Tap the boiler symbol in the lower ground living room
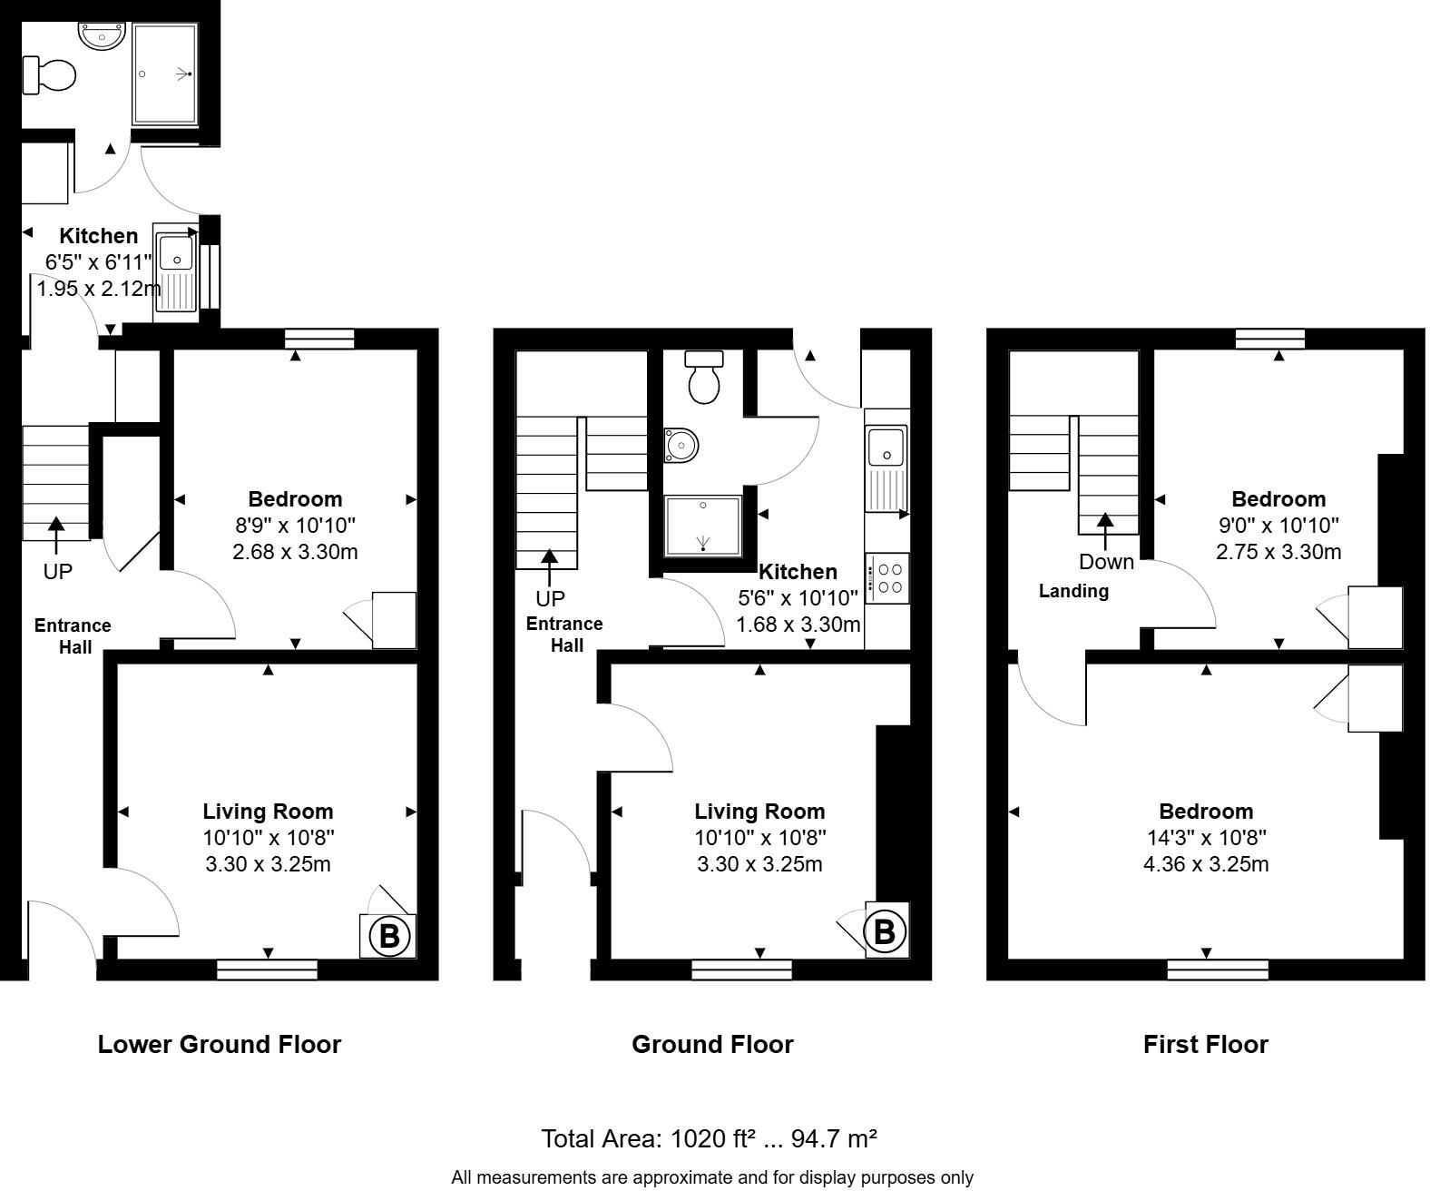pos(388,935)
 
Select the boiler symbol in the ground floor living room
pos(885,930)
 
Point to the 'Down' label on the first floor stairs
pos(1106,562)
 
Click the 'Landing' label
pos(1073,591)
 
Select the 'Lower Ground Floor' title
pos(219,1044)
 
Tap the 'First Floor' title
pos(1205,1044)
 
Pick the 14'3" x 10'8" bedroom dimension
pos(1205,837)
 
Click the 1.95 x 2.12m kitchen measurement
pos(98,290)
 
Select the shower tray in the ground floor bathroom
pos(703,527)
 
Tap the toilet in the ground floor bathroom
pos(703,377)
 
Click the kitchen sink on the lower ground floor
pos(175,270)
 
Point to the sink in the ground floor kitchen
pos(886,468)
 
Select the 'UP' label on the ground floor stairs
pos(550,598)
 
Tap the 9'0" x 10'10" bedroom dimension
pos(1278,525)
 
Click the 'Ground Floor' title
pos(712,1044)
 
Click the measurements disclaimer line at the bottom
pos(712,1177)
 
